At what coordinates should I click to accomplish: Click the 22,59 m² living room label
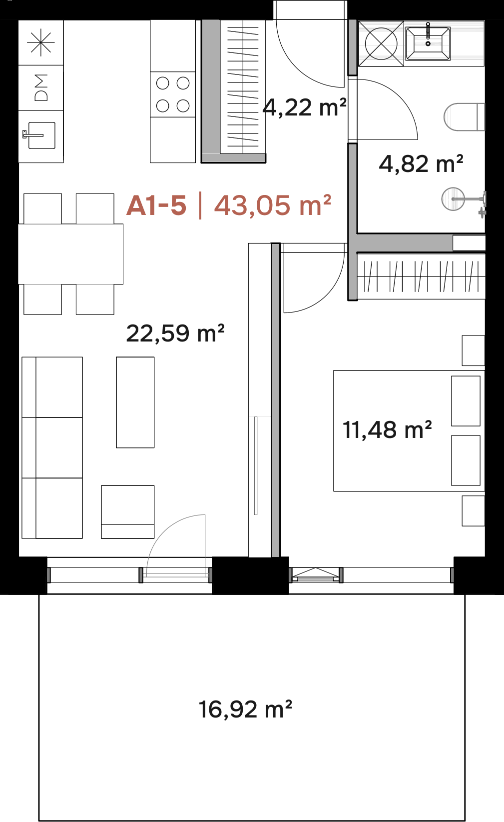(x=175, y=333)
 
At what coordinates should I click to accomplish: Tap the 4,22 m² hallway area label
(x=304, y=107)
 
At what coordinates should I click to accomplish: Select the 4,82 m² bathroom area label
(x=421, y=163)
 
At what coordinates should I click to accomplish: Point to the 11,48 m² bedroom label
(x=387, y=429)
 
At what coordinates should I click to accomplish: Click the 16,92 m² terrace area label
(x=245, y=709)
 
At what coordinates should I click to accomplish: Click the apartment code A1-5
(x=156, y=205)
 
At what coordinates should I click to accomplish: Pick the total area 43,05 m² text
(x=273, y=205)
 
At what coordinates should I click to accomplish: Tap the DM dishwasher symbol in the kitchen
(x=41, y=87)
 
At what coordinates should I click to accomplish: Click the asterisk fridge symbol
(x=41, y=42)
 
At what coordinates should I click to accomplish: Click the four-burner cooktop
(x=173, y=94)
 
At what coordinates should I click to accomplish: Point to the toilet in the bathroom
(x=464, y=117)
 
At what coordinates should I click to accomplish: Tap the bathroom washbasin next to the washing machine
(x=428, y=43)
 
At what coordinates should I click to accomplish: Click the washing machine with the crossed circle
(x=381, y=43)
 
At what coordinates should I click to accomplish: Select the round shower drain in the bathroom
(x=453, y=199)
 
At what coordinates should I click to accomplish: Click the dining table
(x=71, y=254)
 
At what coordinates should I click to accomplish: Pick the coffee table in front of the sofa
(x=135, y=402)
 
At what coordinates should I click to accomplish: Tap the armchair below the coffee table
(x=127, y=512)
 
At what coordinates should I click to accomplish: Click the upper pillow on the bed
(x=466, y=400)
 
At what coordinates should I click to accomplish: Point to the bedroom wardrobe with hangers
(x=421, y=276)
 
